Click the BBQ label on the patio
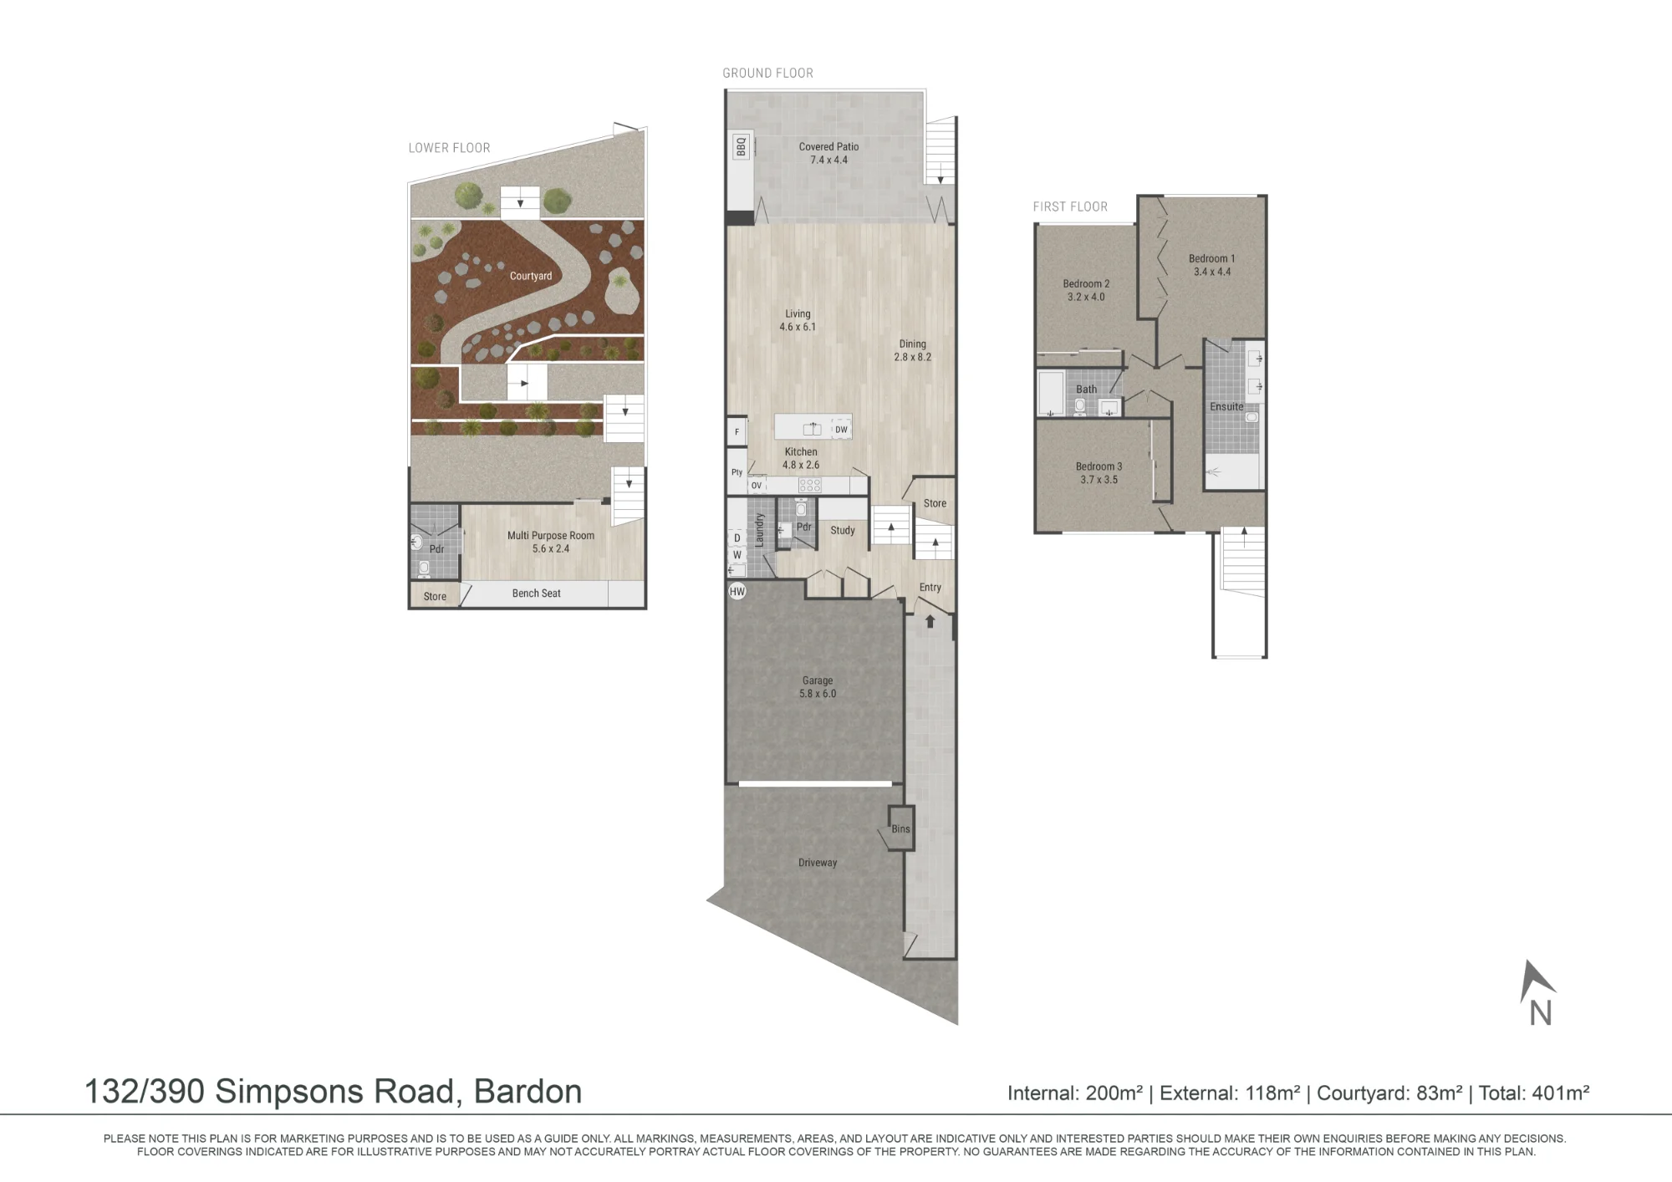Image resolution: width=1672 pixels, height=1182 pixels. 741,147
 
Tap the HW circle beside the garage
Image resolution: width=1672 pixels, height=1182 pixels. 737,592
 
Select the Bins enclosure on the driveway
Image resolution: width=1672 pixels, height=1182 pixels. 900,828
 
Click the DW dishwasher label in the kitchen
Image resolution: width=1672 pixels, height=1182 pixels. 841,430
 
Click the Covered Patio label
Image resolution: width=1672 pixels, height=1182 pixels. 828,147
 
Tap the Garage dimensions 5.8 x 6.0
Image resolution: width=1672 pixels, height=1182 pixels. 818,694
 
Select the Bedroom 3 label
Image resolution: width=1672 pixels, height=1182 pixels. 1099,466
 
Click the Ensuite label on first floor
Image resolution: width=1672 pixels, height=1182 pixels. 1226,407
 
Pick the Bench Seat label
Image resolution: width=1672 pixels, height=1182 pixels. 536,594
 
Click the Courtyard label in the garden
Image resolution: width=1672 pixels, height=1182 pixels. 531,276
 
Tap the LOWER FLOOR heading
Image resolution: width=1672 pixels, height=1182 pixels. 449,148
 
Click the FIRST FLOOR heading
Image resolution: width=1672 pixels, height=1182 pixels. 1070,206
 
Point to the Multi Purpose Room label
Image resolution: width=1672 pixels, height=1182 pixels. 551,536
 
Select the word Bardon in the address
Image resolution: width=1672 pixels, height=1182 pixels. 528,1091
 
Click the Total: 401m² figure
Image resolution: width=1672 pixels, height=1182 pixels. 1534,1093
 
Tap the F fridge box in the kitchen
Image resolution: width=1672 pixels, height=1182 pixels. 737,432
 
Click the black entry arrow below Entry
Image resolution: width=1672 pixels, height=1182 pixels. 930,621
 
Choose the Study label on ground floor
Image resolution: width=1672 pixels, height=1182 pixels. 843,530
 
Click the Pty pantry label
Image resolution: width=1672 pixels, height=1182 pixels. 737,472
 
